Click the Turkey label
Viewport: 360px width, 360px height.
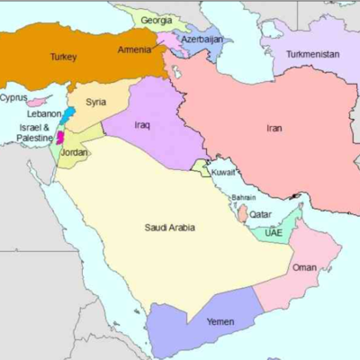(62, 56)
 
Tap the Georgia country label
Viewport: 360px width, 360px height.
(157, 20)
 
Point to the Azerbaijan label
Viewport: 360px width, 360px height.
(202, 40)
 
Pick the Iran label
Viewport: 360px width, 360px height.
(274, 128)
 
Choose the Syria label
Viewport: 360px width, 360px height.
(95, 102)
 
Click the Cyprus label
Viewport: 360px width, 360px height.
(13, 97)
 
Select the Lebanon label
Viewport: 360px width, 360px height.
(43, 114)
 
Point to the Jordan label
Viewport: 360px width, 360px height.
(75, 152)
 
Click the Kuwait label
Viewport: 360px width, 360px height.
(222, 171)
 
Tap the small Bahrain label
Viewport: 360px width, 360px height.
(244, 197)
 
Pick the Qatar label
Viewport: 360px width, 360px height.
(260, 214)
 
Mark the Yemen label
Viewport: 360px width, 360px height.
(220, 321)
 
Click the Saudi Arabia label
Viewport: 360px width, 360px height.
(170, 228)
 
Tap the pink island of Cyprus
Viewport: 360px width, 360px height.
(39, 102)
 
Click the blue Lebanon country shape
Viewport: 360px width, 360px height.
(68, 115)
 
